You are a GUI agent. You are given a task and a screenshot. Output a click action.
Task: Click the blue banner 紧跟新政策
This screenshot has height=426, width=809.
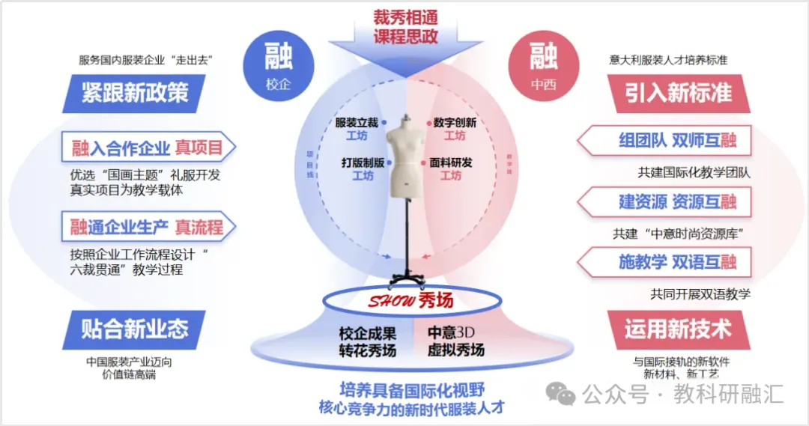135,93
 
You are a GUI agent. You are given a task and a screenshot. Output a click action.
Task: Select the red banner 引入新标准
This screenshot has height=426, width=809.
679,93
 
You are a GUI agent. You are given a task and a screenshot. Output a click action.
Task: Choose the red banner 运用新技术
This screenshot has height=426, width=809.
679,329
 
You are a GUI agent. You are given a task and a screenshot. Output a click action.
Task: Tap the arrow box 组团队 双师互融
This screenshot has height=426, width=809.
666,141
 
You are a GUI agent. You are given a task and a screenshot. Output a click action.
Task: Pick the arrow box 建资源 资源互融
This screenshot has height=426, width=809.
666,201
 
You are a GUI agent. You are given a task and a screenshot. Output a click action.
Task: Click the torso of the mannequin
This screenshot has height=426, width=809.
404,157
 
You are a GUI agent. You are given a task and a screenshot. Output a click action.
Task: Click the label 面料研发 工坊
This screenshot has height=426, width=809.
451,168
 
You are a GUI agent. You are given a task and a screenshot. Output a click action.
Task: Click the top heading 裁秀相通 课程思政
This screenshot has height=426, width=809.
405,25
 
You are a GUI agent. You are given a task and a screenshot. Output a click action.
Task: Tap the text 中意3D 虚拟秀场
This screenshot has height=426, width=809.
456,341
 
